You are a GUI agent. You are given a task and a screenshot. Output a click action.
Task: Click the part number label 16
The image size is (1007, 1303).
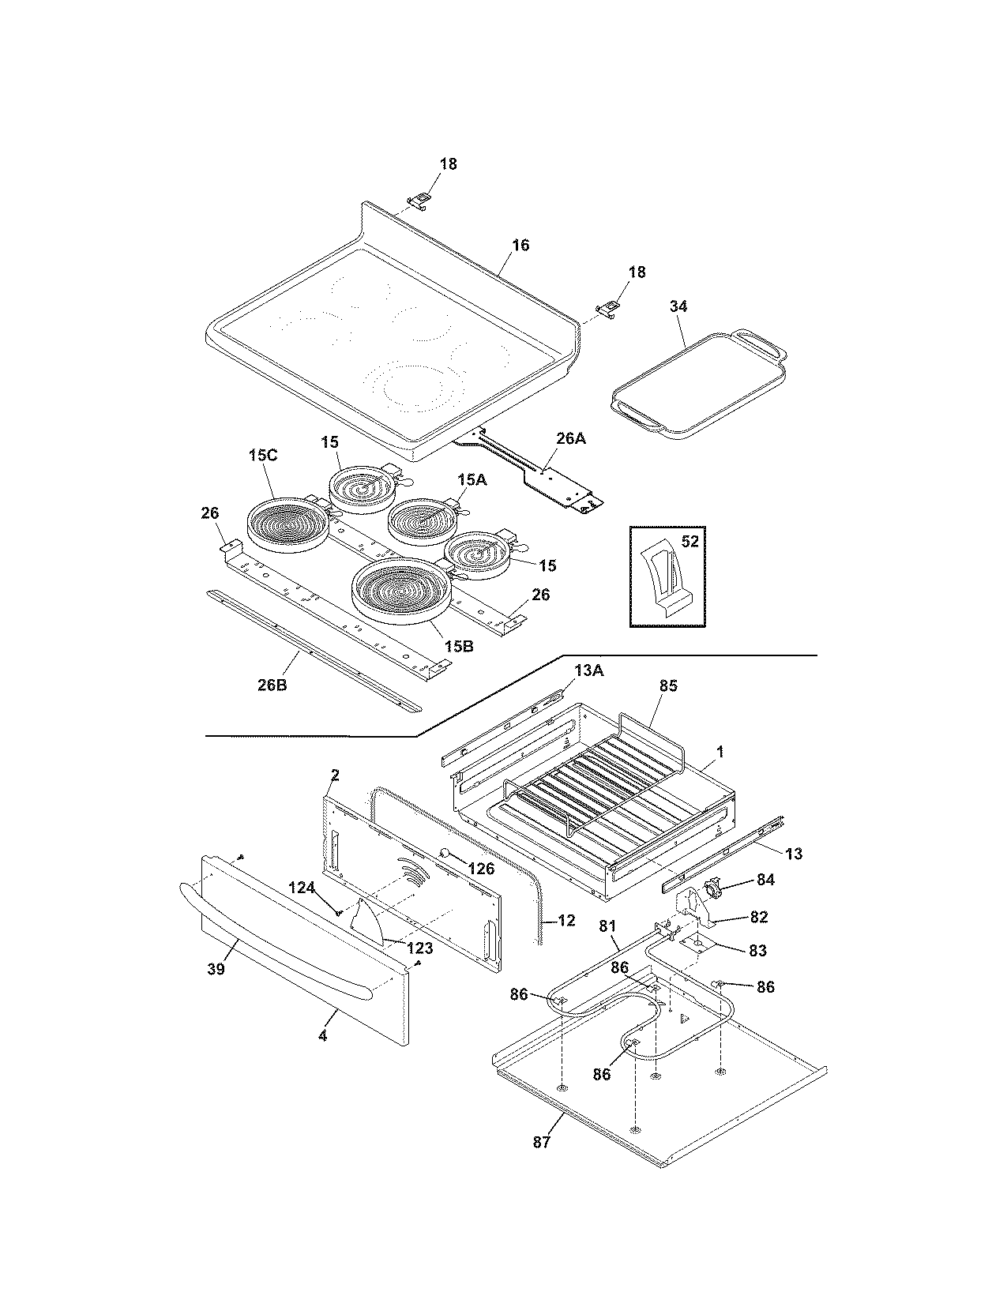[x=520, y=246]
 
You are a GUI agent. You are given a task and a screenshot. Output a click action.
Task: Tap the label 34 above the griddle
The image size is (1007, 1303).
[x=678, y=306]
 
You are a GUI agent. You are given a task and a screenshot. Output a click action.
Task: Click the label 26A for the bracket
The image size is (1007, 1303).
[x=570, y=438]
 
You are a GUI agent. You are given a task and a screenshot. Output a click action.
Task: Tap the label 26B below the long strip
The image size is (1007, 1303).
[x=272, y=685]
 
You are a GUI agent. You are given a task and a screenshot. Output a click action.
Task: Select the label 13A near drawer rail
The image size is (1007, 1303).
[x=588, y=670]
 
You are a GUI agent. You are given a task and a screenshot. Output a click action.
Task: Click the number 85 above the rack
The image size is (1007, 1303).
[x=668, y=685]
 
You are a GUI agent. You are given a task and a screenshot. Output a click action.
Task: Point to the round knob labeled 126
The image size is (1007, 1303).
[x=445, y=853]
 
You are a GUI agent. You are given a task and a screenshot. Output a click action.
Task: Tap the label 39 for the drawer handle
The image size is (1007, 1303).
[x=216, y=968]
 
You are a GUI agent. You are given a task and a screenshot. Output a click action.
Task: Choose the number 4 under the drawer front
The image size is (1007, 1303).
[x=322, y=1035]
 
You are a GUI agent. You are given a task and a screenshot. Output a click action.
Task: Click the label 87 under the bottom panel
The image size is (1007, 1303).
[x=541, y=1140]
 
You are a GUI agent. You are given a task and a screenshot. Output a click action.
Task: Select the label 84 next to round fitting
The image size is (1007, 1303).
[x=765, y=879]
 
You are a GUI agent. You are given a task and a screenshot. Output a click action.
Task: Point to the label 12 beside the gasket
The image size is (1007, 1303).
[x=565, y=920]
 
